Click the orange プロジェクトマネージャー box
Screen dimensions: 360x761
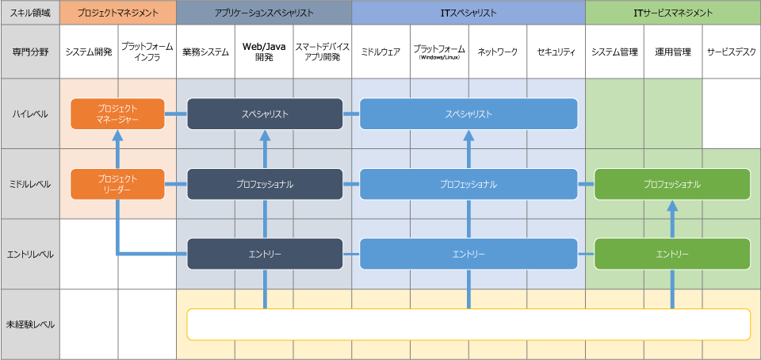point(117,113)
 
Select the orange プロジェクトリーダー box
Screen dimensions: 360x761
point(117,184)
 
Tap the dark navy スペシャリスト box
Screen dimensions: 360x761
point(265,113)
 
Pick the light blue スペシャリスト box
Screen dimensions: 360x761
point(468,113)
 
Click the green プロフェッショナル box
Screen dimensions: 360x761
point(672,184)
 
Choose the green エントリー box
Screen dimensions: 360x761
point(672,254)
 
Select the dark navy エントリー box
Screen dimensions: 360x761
point(265,254)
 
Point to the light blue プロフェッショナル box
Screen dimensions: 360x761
point(468,184)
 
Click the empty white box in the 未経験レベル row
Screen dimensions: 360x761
point(468,324)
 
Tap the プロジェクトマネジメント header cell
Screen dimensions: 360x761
point(117,13)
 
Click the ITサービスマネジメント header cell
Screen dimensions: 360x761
point(672,13)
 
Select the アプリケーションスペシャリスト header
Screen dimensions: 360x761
point(264,13)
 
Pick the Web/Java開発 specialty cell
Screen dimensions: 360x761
point(264,52)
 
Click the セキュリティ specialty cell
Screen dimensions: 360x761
point(556,52)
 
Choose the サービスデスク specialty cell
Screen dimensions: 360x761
point(731,52)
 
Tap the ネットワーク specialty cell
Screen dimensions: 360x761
point(498,52)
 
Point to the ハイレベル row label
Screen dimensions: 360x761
point(30,113)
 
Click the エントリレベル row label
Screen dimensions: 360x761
point(30,254)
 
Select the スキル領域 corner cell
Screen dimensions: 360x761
point(30,13)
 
